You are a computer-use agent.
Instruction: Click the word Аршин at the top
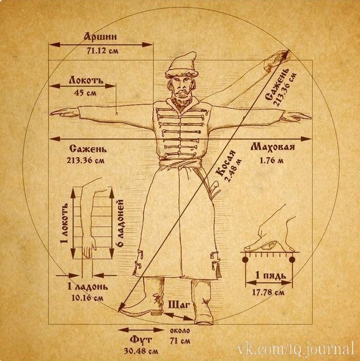click(x=100, y=37)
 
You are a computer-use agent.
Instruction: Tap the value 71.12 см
click(x=102, y=51)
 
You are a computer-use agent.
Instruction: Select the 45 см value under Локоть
click(x=86, y=93)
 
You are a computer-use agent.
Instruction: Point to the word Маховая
click(x=273, y=147)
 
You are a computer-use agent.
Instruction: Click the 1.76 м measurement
click(x=271, y=160)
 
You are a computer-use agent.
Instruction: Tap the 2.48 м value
click(x=234, y=170)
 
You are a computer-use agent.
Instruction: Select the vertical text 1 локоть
click(x=64, y=223)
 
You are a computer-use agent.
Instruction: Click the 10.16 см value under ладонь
click(x=87, y=298)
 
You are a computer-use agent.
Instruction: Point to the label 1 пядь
click(x=271, y=275)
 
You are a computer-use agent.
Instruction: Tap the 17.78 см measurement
click(x=268, y=292)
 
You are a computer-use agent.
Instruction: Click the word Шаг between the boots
click(x=179, y=305)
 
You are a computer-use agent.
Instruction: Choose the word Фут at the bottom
click(x=141, y=340)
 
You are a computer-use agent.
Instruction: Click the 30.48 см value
click(x=141, y=351)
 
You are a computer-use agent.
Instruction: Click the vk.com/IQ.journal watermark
click(x=295, y=349)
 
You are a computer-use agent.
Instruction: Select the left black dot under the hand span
click(x=244, y=260)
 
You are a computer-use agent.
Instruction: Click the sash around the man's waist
click(x=181, y=164)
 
